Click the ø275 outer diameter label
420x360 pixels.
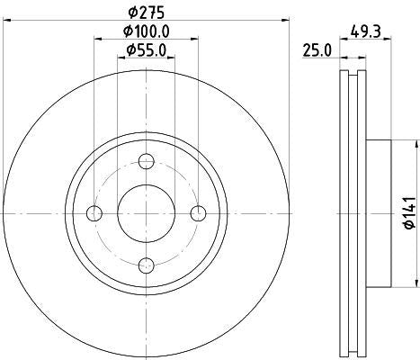[x=147, y=12]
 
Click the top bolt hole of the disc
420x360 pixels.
[x=147, y=161]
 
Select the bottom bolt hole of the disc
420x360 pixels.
[x=147, y=265]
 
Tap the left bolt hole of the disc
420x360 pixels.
[x=95, y=212]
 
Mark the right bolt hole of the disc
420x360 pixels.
[x=199, y=212]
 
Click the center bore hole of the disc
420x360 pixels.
[x=147, y=212]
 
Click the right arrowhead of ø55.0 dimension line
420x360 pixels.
[x=173, y=58]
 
